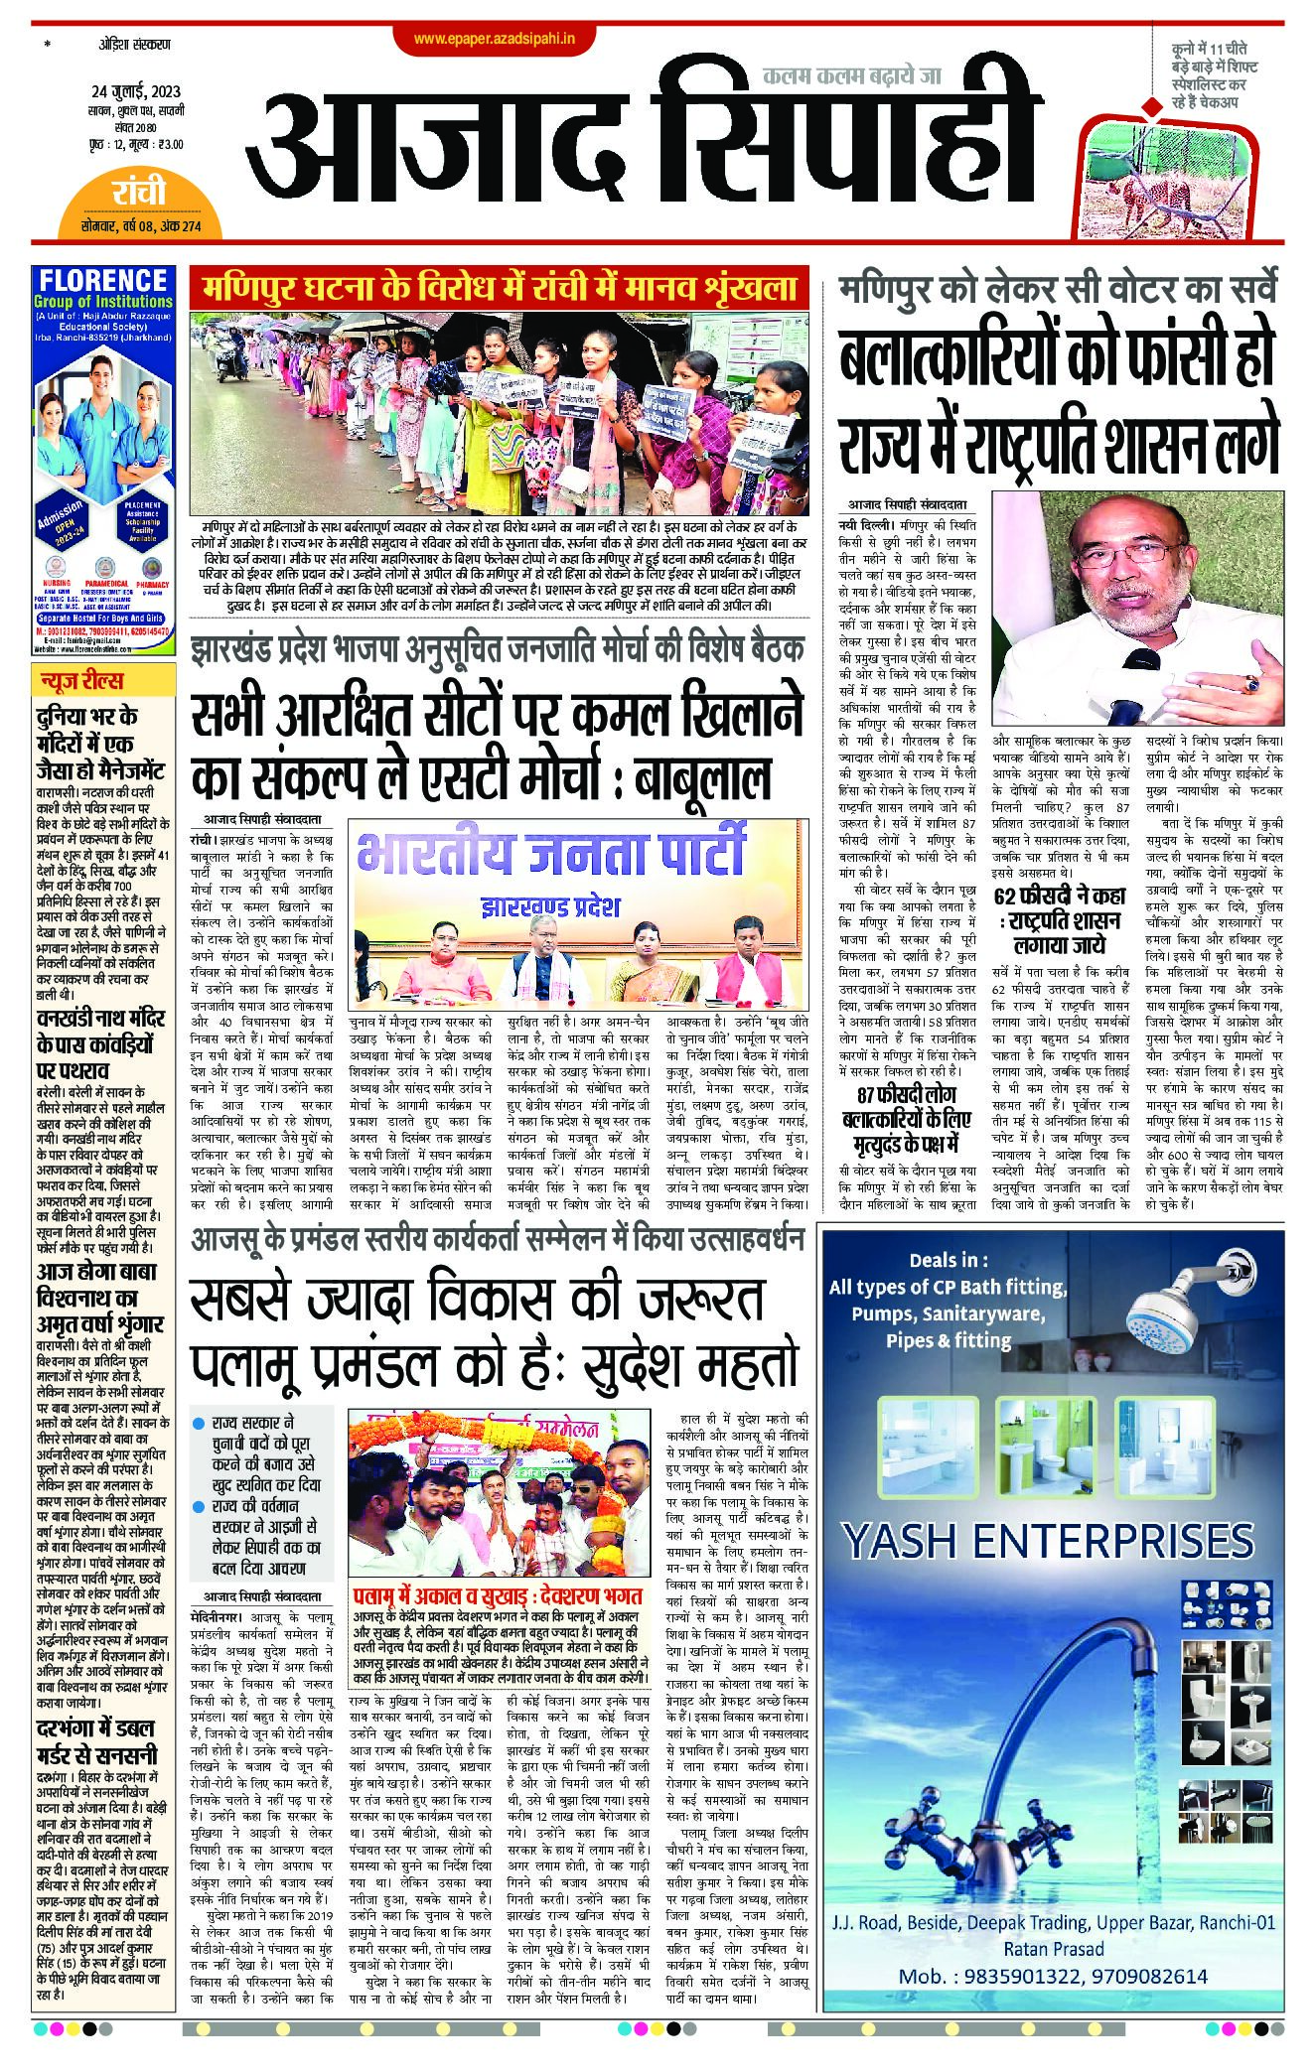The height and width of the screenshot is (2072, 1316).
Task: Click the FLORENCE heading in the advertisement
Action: pos(104,281)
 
